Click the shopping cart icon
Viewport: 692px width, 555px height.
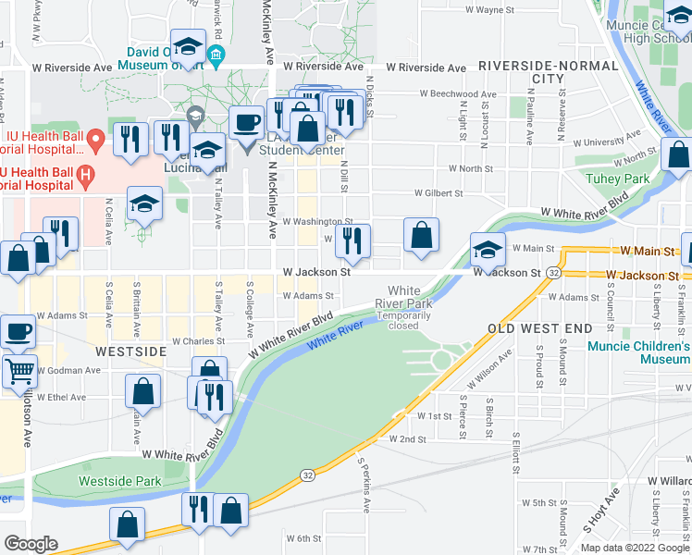[x=19, y=372]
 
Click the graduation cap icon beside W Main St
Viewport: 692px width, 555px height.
[x=488, y=248]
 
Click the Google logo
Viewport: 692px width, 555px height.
[x=31, y=544]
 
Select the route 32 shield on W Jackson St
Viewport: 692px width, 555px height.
[x=551, y=274]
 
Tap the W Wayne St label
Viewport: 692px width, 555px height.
[x=488, y=9]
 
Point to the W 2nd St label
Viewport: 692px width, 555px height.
[x=407, y=439]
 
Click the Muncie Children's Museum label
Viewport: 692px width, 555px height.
[x=638, y=352]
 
